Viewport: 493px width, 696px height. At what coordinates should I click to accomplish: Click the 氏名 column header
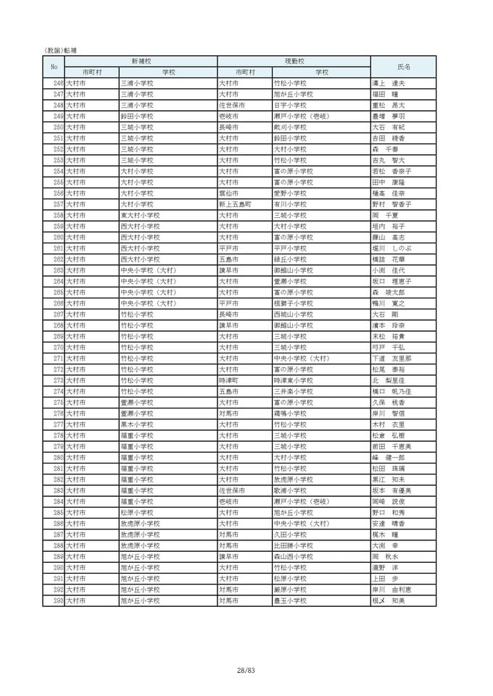click(x=402, y=67)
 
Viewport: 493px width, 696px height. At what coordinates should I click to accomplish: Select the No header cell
click(x=54, y=67)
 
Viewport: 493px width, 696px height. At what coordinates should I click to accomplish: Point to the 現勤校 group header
click(x=294, y=62)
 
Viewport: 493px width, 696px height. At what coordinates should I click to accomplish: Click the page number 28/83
click(x=246, y=671)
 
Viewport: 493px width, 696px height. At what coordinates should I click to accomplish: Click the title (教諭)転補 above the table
click(x=60, y=50)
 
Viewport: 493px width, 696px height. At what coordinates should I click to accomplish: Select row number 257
click(x=58, y=204)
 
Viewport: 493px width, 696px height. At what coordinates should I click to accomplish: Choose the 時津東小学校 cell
click(x=293, y=380)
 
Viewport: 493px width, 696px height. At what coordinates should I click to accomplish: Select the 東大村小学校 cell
click(x=139, y=215)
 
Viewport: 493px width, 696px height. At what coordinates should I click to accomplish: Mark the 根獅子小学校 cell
click(x=293, y=303)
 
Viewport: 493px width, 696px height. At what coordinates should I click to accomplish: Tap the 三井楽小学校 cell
click(x=293, y=391)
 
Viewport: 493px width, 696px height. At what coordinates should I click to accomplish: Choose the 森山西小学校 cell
click(x=293, y=556)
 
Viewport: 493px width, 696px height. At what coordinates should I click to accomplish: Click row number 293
click(x=58, y=600)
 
